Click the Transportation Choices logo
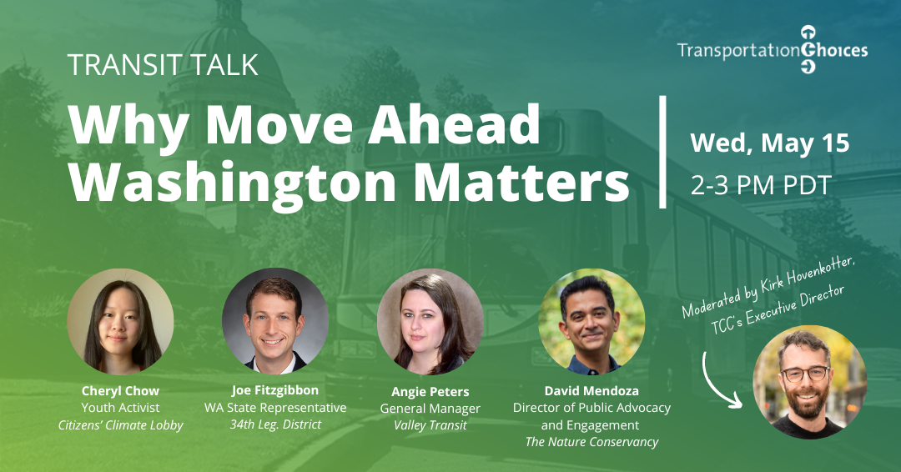[772, 51]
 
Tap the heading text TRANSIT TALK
[163, 65]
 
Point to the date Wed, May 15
[769, 143]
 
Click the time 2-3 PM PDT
[760, 185]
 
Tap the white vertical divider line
[663, 151]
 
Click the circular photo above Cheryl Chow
[120, 322]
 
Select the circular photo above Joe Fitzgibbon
[275, 322]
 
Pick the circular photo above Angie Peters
[430, 322]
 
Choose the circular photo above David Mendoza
[591, 322]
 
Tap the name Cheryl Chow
[120, 390]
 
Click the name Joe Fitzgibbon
[275, 390]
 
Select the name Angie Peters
[430, 391]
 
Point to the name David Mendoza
[591, 390]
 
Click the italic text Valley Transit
[430, 425]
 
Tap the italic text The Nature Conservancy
[591, 442]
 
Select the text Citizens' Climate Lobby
[120, 425]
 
